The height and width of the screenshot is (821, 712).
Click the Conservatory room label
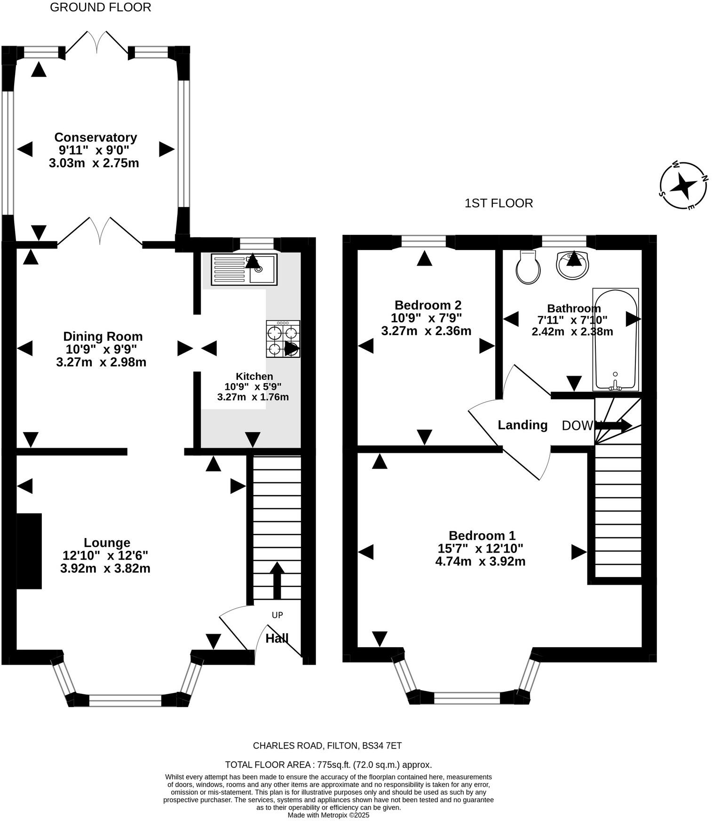coord(95,137)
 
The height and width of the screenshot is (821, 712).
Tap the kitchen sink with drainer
coord(244,269)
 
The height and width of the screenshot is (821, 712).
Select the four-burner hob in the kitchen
coord(283,339)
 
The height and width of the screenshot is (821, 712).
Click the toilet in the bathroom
coord(528,267)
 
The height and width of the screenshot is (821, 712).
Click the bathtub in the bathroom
coord(615,339)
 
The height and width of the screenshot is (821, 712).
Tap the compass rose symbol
coord(682,185)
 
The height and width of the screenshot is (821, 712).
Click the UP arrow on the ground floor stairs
coord(277,579)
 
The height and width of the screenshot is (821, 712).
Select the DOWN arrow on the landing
coord(616,426)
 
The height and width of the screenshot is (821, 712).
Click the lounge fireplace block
coord(29,551)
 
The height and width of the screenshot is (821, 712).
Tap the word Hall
coord(277,639)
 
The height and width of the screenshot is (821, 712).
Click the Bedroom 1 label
coord(482,535)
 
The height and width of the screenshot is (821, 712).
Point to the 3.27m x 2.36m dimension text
coord(426,331)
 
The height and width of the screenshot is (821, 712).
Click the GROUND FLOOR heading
coord(100,8)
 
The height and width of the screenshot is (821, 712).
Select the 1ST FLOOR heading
coord(498,203)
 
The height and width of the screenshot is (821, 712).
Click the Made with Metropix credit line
coord(328,815)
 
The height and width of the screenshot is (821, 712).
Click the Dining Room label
coord(103,337)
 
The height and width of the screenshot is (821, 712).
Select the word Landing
coord(522,425)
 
